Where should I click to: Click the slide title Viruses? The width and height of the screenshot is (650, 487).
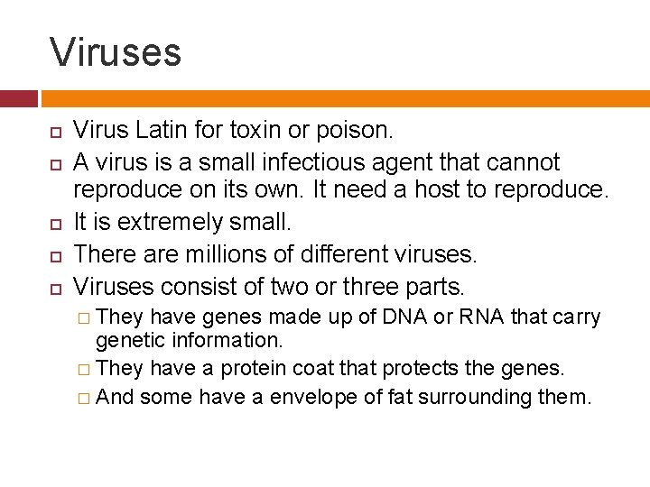coord(116,51)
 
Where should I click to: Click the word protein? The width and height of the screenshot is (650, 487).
coord(255,369)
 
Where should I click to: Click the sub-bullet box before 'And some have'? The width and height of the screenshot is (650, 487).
coord(83,398)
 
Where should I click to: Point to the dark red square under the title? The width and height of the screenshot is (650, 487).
coord(18,98)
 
